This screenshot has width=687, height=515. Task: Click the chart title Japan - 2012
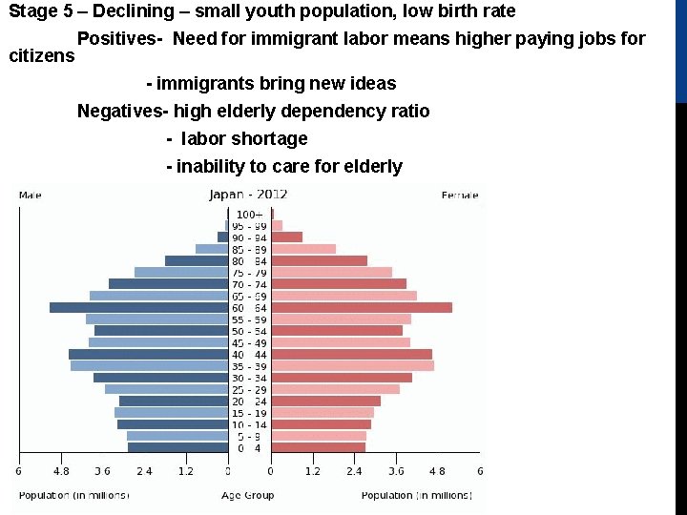pyautogui.click(x=248, y=195)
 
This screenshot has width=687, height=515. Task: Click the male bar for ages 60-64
pyautogui.click(x=138, y=307)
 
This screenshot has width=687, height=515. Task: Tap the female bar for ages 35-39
pyautogui.click(x=352, y=365)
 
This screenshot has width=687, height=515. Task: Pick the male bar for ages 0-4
pyautogui.click(x=177, y=447)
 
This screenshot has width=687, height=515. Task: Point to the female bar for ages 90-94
pyautogui.click(x=286, y=237)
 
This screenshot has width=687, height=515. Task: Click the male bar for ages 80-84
pyautogui.click(x=197, y=260)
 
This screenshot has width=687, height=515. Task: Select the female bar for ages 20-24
pyautogui.click(x=325, y=401)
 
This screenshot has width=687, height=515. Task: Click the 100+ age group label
pyautogui.click(x=249, y=214)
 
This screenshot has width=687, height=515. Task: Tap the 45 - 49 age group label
pyautogui.click(x=249, y=342)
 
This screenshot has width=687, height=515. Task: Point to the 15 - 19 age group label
pyautogui.click(x=249, y=413)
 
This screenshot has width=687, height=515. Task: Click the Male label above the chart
pyautogui.click(x=30, y=196)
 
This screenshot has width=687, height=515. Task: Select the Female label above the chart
pyautogui.click(x=460, y=196)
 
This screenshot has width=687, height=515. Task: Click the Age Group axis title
pyautogui.click(x=247, y=495)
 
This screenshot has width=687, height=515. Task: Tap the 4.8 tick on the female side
pyautogui.click(x=437, y=471)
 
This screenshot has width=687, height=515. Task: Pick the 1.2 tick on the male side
pyautogui.click(x=185, y=471)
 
